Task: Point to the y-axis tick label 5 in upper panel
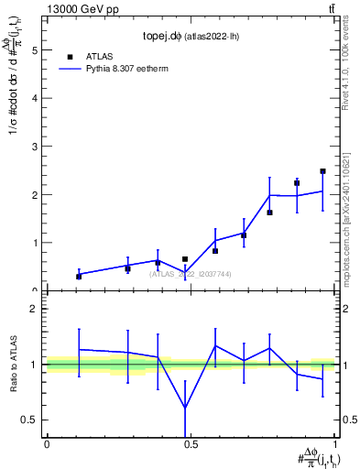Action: click(x=34, y=51)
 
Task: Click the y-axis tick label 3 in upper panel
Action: click(x=34, y=147)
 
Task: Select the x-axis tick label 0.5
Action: click(x=191, y=444)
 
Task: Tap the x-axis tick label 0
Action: click(x=47, y=444)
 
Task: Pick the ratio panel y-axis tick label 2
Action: click(x=34, y=309)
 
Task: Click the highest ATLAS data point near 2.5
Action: click(x=322, y=171)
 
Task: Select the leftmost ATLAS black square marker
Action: click(x=79, y=276)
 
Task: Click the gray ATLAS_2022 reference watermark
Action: click(x=191, y=274)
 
